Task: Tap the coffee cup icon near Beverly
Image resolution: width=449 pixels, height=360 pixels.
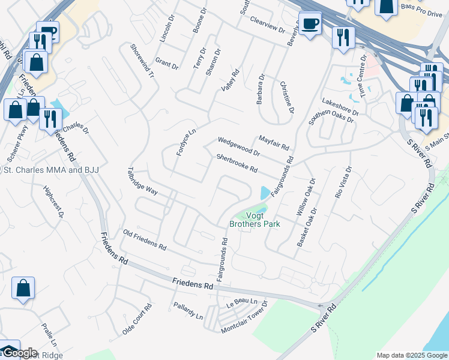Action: [x=310, y=24]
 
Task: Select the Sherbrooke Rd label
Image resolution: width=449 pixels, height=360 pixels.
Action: [x=237, y=164]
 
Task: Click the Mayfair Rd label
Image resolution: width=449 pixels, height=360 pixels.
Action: [x=274, y=142]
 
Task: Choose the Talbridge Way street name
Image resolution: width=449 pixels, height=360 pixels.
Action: [x=143, y=182]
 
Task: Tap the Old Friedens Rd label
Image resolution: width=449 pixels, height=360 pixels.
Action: [x=144, y=239]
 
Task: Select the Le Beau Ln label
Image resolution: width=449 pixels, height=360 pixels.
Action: [x=242, y=304]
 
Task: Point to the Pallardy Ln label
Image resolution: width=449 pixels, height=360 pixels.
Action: [x=187, y=311]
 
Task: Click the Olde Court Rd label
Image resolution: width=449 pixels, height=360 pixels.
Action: [x=137, y=319]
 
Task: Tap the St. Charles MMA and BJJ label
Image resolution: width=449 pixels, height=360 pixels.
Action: [x=51, y=170]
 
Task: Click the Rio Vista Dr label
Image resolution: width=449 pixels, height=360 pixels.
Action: [x=342, y=184]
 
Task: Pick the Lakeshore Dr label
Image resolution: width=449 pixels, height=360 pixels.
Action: [x=340, y=106]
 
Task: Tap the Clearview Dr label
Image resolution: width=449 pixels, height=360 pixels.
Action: [x=267, y=25]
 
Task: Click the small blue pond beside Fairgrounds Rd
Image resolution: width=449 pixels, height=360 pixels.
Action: [x=265, y=193]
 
